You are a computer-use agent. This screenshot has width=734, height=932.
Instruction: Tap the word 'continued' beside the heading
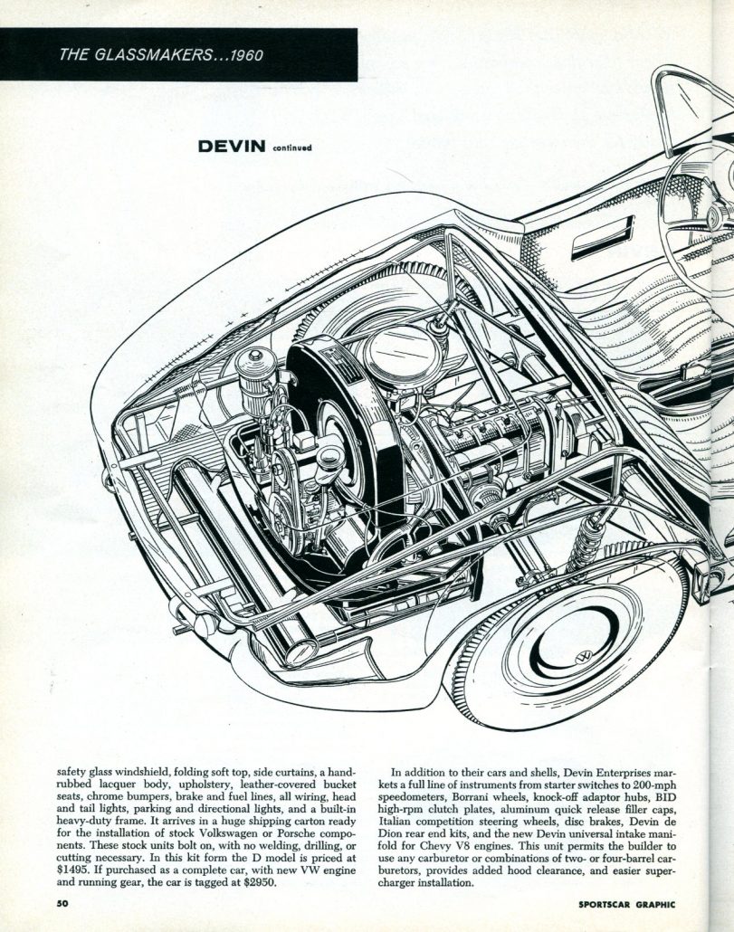point(291,147)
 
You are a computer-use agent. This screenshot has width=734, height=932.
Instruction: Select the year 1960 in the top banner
point(245,55)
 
